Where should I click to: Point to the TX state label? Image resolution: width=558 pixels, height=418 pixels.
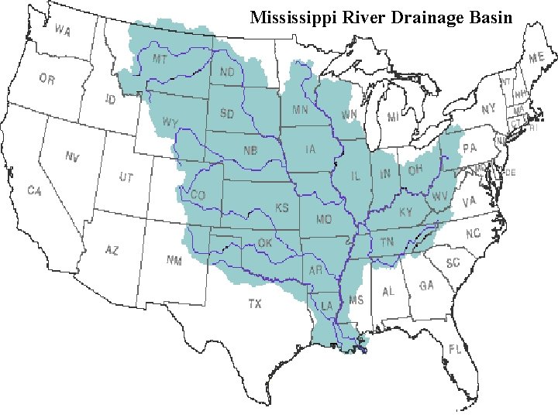click(255, 304)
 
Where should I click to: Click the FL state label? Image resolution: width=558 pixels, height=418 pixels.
click(454, 349)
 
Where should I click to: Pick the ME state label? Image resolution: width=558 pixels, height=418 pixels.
click(536, 57)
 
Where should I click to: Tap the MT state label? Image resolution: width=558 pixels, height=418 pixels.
click(160, 59)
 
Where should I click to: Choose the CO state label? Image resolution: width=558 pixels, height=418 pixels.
click(198, 196)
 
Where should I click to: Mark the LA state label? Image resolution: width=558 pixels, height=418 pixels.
click(327, 307)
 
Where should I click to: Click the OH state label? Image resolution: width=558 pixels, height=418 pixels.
click(415, 169)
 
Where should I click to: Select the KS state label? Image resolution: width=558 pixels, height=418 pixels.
click(282, 207)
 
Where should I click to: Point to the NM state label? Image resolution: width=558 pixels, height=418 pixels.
click(174, 260)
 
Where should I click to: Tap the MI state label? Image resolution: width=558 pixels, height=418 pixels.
click(393, 117)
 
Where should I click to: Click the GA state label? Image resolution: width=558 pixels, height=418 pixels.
click(426, 286)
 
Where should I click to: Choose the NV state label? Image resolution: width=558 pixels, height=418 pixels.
click(72, 157)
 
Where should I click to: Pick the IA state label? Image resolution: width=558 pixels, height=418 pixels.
click(311, 149)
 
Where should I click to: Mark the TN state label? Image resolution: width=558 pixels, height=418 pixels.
click(387, 242)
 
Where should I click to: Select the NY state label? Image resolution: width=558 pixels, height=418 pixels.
click(487, 110)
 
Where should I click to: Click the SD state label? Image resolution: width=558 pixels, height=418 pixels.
click(227, 114)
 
